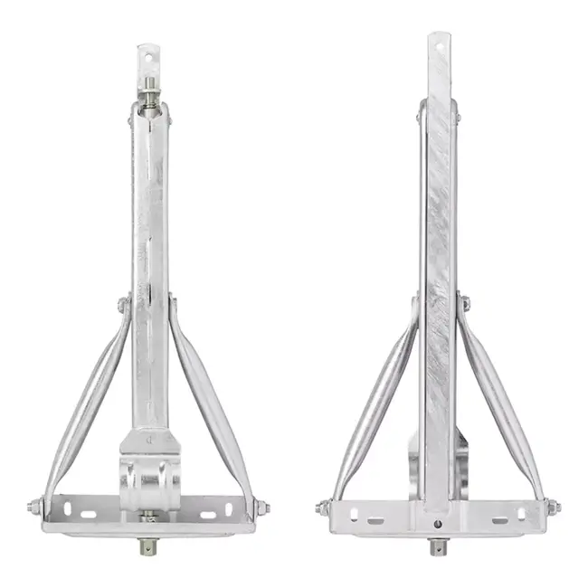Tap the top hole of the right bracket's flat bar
coord(440,43)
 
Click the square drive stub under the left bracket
coord(147,546)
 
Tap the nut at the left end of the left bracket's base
coord(33,507)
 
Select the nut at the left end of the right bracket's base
coord(323,507)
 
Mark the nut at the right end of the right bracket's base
coord(553,507)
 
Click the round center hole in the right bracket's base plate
coord(438,523)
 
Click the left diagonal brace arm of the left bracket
coord(87,398)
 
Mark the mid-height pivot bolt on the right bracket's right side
coord(464,303)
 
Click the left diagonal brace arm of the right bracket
coord(375,398)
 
